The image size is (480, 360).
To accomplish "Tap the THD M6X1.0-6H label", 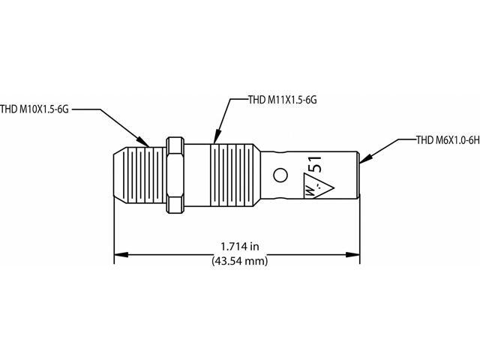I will (446, 139).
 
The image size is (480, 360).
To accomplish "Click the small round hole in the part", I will (280, 175).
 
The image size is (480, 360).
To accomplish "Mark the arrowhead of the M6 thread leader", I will (362, 159).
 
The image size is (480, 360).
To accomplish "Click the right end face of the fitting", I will (358, 176).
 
